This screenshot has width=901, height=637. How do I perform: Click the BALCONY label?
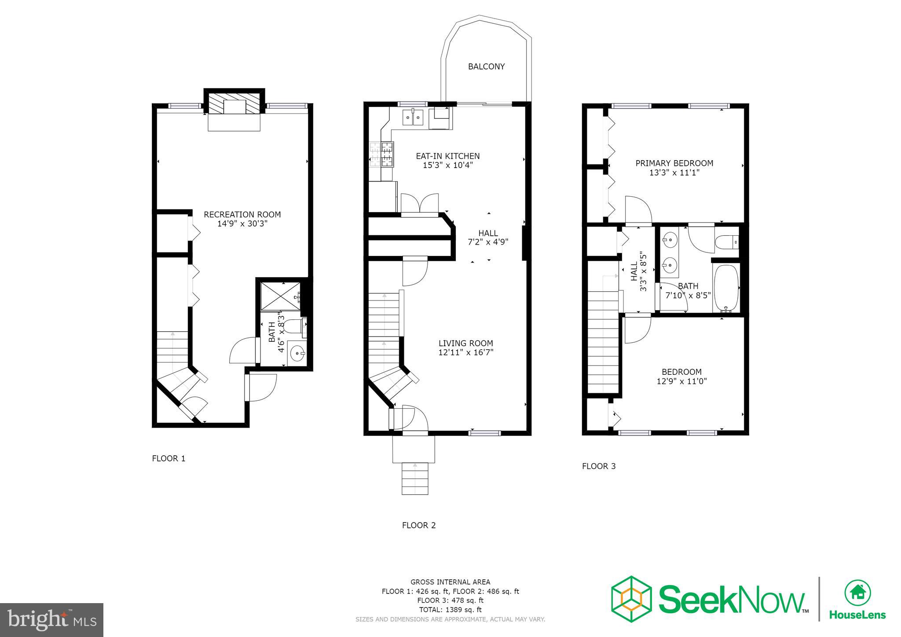(x=486, y=66)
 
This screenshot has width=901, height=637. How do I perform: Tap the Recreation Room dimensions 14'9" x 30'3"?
(x=242, y=223)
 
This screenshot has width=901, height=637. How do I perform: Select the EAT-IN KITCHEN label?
(x=447, y=156)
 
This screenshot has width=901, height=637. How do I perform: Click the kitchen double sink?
(x=413, y=117)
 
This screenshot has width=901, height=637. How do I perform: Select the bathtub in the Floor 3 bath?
(x=725, y=288)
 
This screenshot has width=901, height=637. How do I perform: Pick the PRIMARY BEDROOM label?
(x=674, y=163)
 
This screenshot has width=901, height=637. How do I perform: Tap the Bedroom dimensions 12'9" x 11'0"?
(x=681, y=381)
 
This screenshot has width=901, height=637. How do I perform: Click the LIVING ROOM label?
(x=465, y=343)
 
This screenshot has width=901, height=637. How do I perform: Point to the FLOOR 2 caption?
(x=418, y=525)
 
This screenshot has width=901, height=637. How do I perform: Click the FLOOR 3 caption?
(x=598, y=466)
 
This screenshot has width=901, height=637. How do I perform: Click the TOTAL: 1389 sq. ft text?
(x=450, y=610)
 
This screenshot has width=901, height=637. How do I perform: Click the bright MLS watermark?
(x=51, y=620)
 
